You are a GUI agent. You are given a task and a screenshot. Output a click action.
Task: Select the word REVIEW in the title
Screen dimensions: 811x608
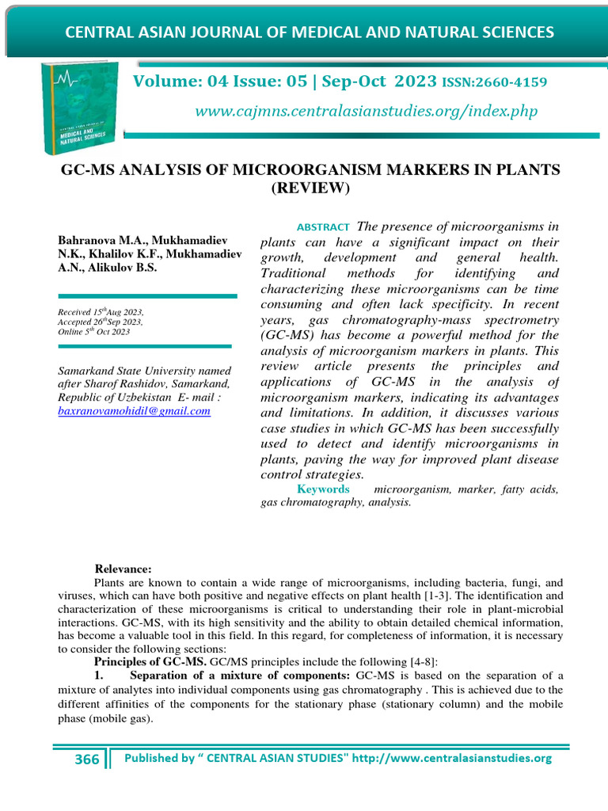coord(310,188)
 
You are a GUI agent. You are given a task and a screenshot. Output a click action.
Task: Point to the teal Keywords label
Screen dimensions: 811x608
coord(323,489)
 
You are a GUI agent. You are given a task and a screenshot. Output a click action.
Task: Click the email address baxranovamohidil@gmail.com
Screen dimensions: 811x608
coord(134,411)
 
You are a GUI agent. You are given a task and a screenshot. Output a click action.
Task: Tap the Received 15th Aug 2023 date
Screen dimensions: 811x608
coord(100,313)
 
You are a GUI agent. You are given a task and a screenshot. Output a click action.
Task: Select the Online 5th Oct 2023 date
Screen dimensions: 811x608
coord(94,332)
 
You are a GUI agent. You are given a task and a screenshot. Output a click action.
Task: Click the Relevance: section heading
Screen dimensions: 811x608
coord(123,569)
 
